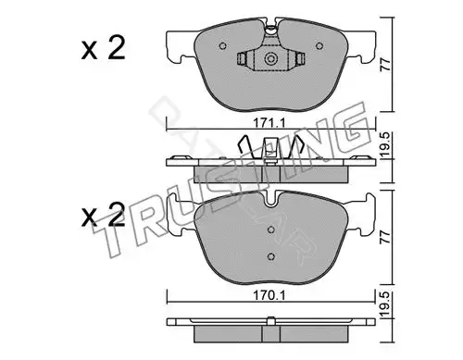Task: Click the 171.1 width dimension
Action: (x=269, y=123)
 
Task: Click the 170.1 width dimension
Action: (x=269, y=295)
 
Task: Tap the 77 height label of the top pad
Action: (x=385, y=65)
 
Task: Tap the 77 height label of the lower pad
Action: (x=385, y=237)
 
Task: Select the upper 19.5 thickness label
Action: (x=385, y=145)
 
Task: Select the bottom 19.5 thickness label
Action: (x=385, y=305)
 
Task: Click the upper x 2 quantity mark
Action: (x=103, y=48)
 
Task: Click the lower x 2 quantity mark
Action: (x=103, y=215)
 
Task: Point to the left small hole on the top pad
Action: (x=222, y=46)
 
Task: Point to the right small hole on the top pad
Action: (x=319, y=46)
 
